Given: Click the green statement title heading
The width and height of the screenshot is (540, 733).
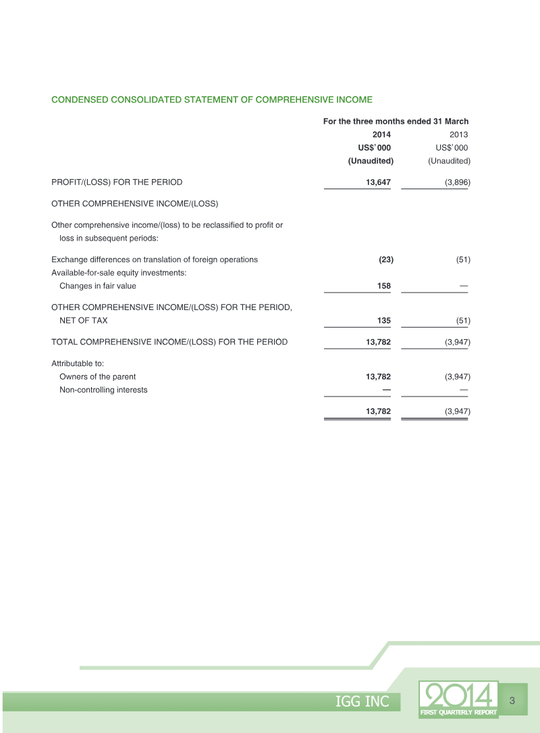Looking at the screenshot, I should click(212, 100).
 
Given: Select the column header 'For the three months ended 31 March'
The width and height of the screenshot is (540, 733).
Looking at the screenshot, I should click(396, 122).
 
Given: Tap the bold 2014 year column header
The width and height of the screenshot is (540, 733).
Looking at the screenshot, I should click(381, 134).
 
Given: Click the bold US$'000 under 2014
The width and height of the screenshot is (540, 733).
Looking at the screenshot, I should click(374, 147).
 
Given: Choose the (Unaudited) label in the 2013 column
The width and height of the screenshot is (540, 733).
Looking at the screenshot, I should click(449, 161).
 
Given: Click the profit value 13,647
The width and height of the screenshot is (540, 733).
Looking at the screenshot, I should click(378, 182).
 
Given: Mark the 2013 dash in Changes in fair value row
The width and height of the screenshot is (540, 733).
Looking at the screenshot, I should click(464, 286).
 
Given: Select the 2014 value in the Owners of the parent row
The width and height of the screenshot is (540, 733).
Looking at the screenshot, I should click(378, 376).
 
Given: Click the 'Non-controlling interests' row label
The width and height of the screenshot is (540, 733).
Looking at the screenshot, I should click(103, 390).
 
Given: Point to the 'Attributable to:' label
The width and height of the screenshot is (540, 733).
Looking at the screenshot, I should click(78, 363).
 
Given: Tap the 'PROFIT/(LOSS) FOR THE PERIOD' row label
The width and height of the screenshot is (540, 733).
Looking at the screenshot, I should click(117, 182).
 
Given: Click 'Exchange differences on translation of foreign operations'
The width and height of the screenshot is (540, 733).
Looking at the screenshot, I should click(155, 259).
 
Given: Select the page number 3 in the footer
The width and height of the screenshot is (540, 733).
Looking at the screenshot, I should click(512, 700).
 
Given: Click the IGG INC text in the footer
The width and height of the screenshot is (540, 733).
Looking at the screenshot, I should click(362, 702).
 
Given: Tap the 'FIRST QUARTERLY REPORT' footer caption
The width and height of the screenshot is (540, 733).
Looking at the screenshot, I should click(458, 712).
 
